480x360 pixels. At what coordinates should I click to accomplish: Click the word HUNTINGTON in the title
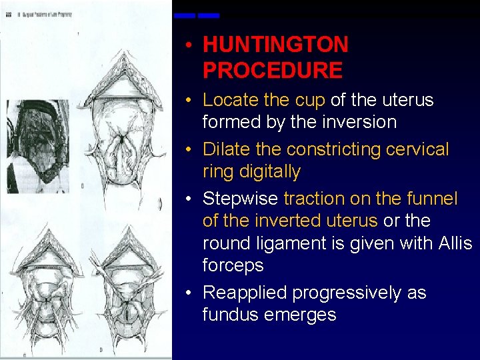point(275,45)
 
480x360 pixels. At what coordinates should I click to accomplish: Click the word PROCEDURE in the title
point(272,70)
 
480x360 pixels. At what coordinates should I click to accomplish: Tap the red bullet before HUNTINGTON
point(190,46)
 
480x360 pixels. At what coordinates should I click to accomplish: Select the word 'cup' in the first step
point(310,100)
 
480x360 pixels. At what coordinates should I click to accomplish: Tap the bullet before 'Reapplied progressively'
point(190,293)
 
